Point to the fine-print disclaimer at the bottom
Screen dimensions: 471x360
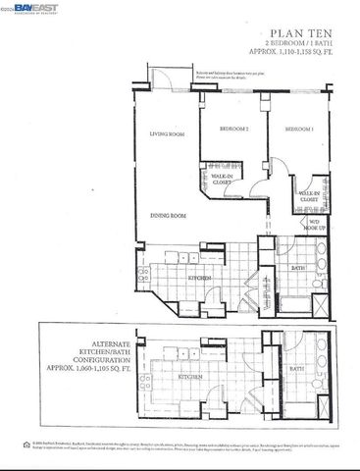tap(186, 446)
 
